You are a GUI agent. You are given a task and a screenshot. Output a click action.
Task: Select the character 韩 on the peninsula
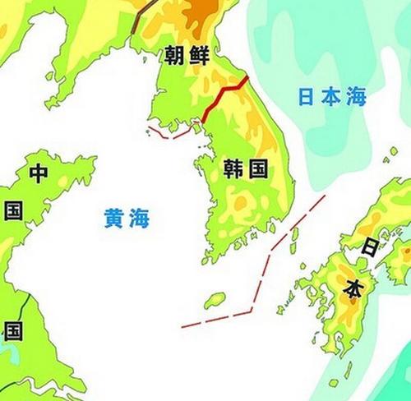(233, 170)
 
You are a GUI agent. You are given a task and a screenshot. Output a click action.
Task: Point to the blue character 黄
(114, 218)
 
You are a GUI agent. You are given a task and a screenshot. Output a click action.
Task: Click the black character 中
(39, 173)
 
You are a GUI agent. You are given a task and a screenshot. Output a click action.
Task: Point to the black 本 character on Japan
(352, 288)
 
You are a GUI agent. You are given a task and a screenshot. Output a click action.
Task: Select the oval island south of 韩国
(215, 300)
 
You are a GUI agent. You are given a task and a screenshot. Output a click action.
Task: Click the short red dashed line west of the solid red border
(169, 132)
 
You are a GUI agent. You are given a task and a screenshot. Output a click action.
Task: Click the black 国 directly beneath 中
(14, 211)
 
